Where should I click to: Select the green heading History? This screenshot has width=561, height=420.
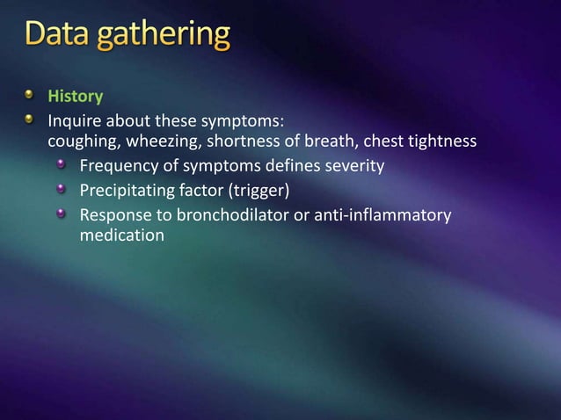75,96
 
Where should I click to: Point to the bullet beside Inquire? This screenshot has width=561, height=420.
31,119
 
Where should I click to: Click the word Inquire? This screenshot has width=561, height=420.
75,120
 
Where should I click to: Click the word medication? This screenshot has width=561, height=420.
121,235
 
